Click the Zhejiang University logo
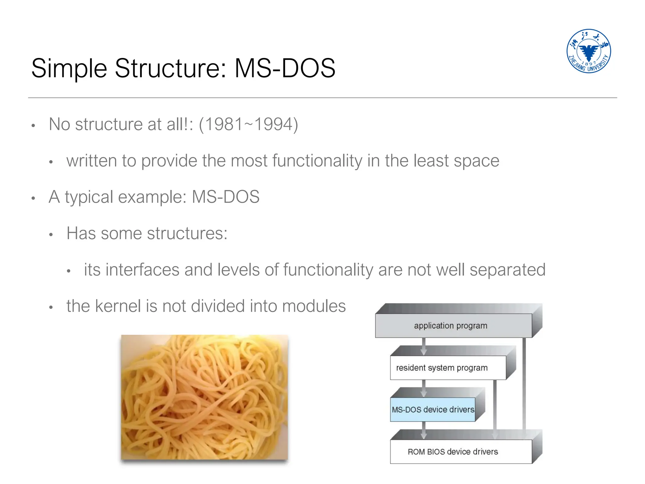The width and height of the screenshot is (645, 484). (588, 51)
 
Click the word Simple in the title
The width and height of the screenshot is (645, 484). (69, 68)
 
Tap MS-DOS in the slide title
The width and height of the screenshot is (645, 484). (284, 68)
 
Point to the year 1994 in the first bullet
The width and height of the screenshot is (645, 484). (273, 124)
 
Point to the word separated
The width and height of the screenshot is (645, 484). (507, 270)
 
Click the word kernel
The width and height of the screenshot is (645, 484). (118, 306)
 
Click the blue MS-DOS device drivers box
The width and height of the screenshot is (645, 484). (432, 410)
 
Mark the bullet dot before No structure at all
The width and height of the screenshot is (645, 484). (33, 126)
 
